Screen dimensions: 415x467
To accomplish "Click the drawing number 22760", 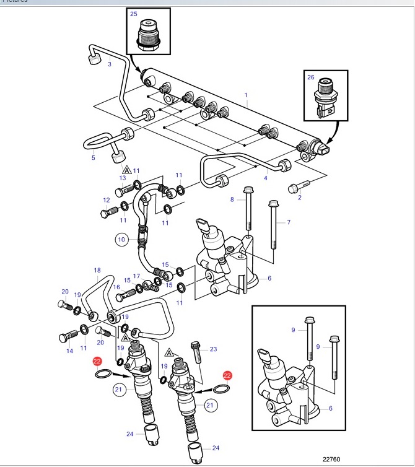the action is click(331, 459).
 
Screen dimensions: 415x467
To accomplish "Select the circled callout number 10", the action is click(121, 240).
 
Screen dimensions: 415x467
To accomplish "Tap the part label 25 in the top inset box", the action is click(133, 14).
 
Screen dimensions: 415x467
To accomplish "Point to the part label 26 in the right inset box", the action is click(311, 77).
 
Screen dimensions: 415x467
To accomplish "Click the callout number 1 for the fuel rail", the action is click(246, 95).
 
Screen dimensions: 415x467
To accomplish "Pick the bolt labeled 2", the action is click(299, 186).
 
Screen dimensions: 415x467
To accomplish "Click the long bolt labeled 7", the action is click(273, 225).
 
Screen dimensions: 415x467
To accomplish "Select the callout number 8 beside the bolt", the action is click(232, 199).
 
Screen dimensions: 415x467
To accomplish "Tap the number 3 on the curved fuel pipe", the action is click(110, 64).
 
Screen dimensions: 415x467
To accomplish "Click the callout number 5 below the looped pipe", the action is click(94, 157).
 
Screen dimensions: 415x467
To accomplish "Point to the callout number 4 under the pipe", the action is click(266, 178).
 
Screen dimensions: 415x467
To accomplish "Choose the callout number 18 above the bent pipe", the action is click(97, 270).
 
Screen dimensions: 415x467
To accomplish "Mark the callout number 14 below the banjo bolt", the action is click(69, 351).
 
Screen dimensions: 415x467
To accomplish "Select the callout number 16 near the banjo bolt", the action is click(116, 287).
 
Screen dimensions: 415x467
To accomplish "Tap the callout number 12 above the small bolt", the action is click(107, 200).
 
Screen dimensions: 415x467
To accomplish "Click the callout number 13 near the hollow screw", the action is click(123, 178).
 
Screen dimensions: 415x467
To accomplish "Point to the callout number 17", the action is click(136, 276).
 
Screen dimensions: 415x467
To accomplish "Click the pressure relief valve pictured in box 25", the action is click(148, 36).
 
